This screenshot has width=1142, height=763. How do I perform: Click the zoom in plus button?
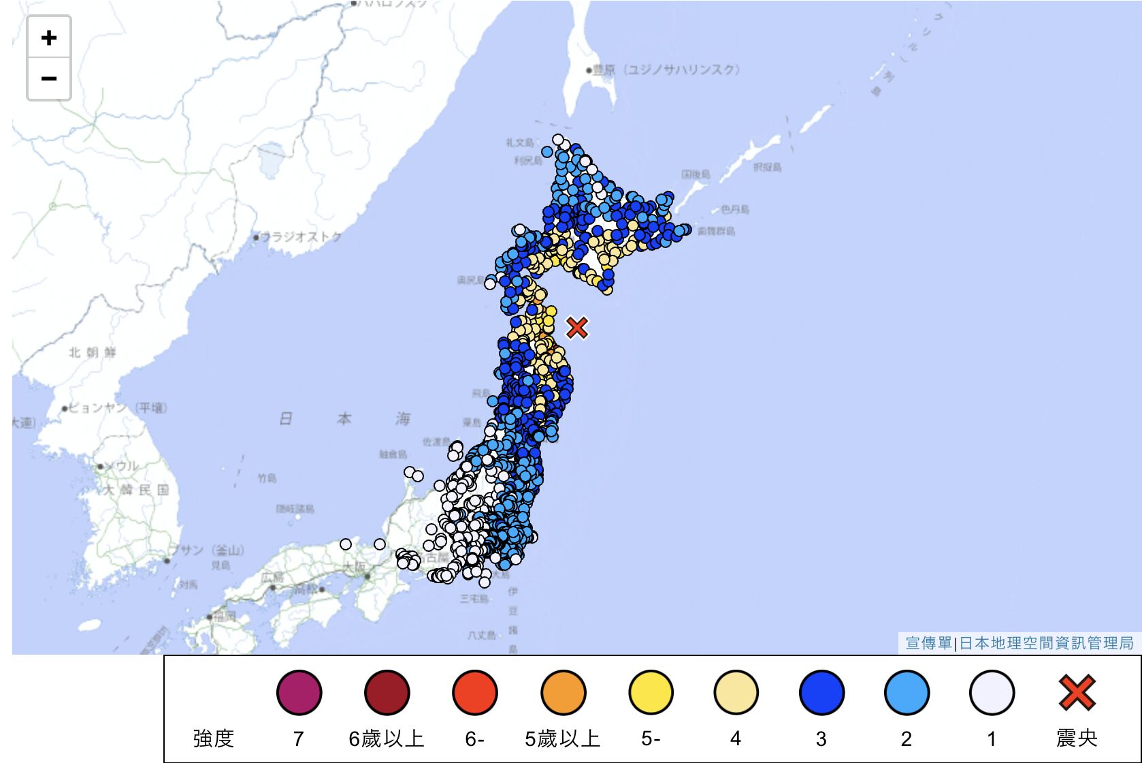coord(48,37)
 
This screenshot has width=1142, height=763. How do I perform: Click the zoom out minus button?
coord(48,78)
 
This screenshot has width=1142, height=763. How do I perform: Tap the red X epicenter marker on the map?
coord(576,328)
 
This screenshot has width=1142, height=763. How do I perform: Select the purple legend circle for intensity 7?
coord(299,693)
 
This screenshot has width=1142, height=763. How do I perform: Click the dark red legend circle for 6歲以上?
coord(387,693)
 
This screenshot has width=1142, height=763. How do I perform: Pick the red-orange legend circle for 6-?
coord(474,693)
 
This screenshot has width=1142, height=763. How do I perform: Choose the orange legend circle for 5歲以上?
coord(563,693)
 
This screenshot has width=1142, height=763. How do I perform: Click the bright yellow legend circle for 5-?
coord(651,693)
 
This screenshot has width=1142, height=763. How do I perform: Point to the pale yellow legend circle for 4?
coord(736,693)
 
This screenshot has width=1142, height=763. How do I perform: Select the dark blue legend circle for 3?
coord(821,693)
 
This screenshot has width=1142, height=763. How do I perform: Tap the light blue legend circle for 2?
coord(907,693)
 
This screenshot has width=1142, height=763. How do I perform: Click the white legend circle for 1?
coord(992,693)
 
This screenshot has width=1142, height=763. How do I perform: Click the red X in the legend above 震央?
coord(1077,693)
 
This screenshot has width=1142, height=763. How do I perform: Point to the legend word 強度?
coord(214,738)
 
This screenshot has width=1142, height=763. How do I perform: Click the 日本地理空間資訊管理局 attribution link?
coord(1046,642)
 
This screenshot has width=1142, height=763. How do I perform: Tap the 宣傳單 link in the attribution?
coord(928,642)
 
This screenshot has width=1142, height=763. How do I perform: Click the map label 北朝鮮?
coord(93,352)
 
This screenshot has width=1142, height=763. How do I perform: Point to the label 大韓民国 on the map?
coord(136,490)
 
